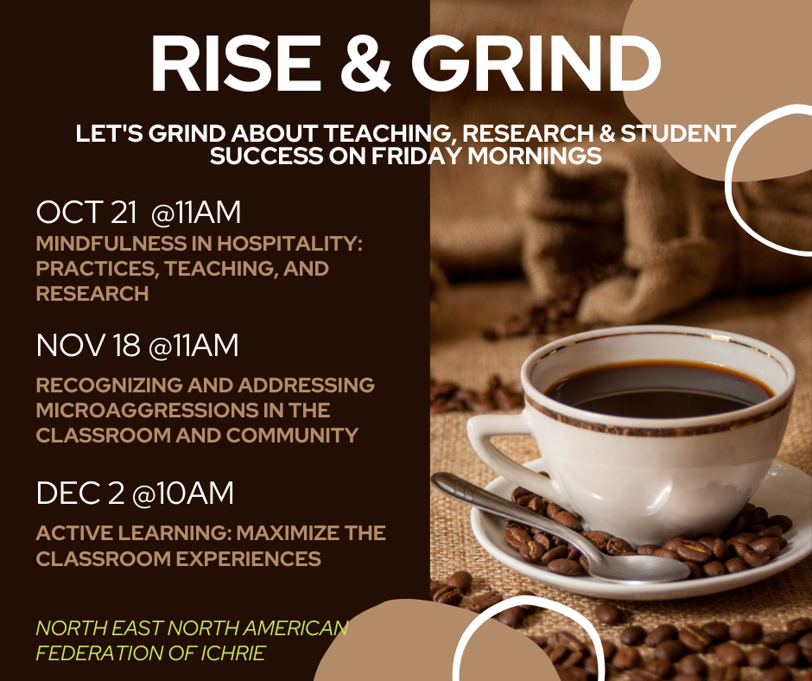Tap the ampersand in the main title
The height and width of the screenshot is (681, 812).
(365, 63)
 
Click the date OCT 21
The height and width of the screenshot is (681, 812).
(86, 213)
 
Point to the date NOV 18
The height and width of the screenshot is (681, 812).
(88, 346)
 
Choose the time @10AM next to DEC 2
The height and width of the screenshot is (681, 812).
(183, 493)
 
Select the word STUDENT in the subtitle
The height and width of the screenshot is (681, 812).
(678, 133)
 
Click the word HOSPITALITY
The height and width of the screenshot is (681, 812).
(289, 244)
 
